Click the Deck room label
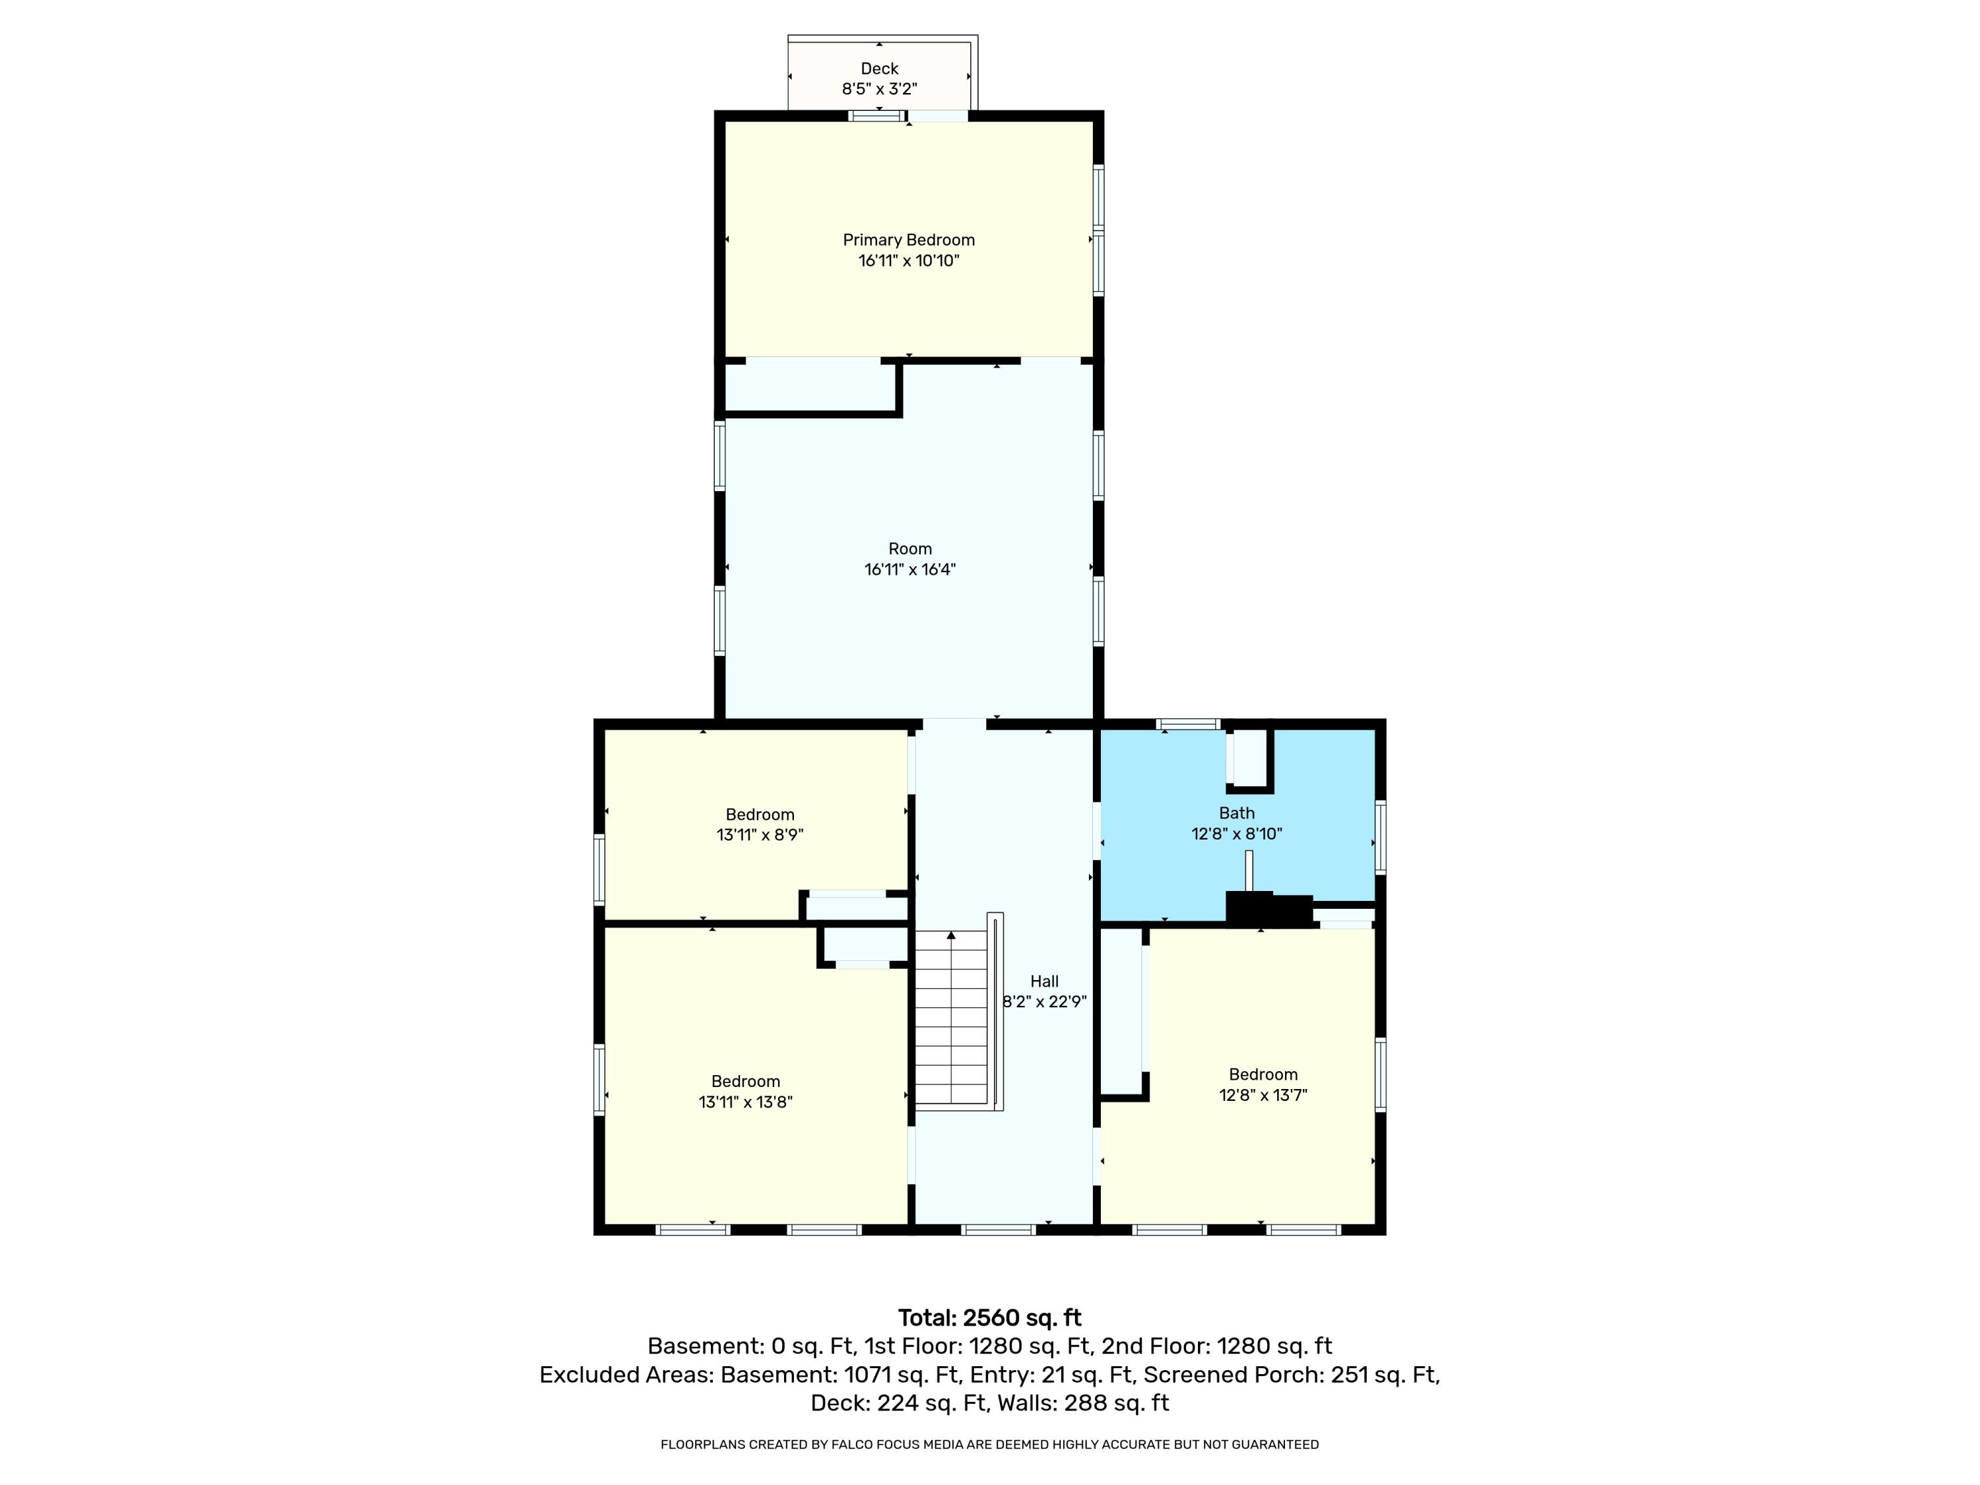[879, 69]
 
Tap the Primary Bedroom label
[909, 240]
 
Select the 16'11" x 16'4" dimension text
[909, 570]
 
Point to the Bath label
[1236, 812]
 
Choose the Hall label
[1043, 981]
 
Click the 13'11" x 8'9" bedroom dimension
[760, 835]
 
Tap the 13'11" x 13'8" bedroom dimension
[746, 1102]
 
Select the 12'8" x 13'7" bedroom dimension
[1263, 1095]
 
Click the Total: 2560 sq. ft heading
[989, 1317]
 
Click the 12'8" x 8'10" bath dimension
[1236, 834]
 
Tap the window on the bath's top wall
[1188, 724]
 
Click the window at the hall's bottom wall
[998, 1230]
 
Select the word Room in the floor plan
[909, 548]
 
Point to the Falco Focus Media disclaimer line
[989, 1444]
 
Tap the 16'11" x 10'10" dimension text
[909, 261]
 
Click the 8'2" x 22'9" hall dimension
[1043, 1003]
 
